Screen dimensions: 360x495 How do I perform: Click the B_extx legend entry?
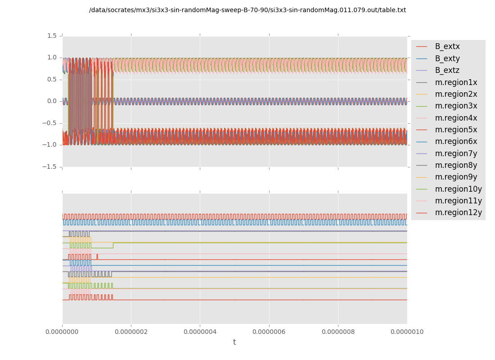(x=447, y=46)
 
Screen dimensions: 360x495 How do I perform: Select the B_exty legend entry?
(x=447, y=58)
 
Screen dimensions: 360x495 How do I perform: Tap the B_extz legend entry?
(x=447, y=70)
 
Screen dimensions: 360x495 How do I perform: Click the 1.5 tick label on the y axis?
(x=52, y=36)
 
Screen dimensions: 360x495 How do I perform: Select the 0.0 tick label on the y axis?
(x=52, y=101)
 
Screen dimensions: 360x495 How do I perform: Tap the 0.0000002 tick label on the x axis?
(x=131, y=332)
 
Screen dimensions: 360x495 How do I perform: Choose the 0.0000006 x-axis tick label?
(x=269, y=332)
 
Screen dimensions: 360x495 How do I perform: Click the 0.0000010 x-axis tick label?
(x=407, y=332)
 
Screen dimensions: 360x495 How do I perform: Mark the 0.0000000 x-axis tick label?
(x=62, y=332)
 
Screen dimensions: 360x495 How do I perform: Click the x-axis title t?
(x=234, y=342)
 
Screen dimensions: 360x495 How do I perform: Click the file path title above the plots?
(x=247, y=10)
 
